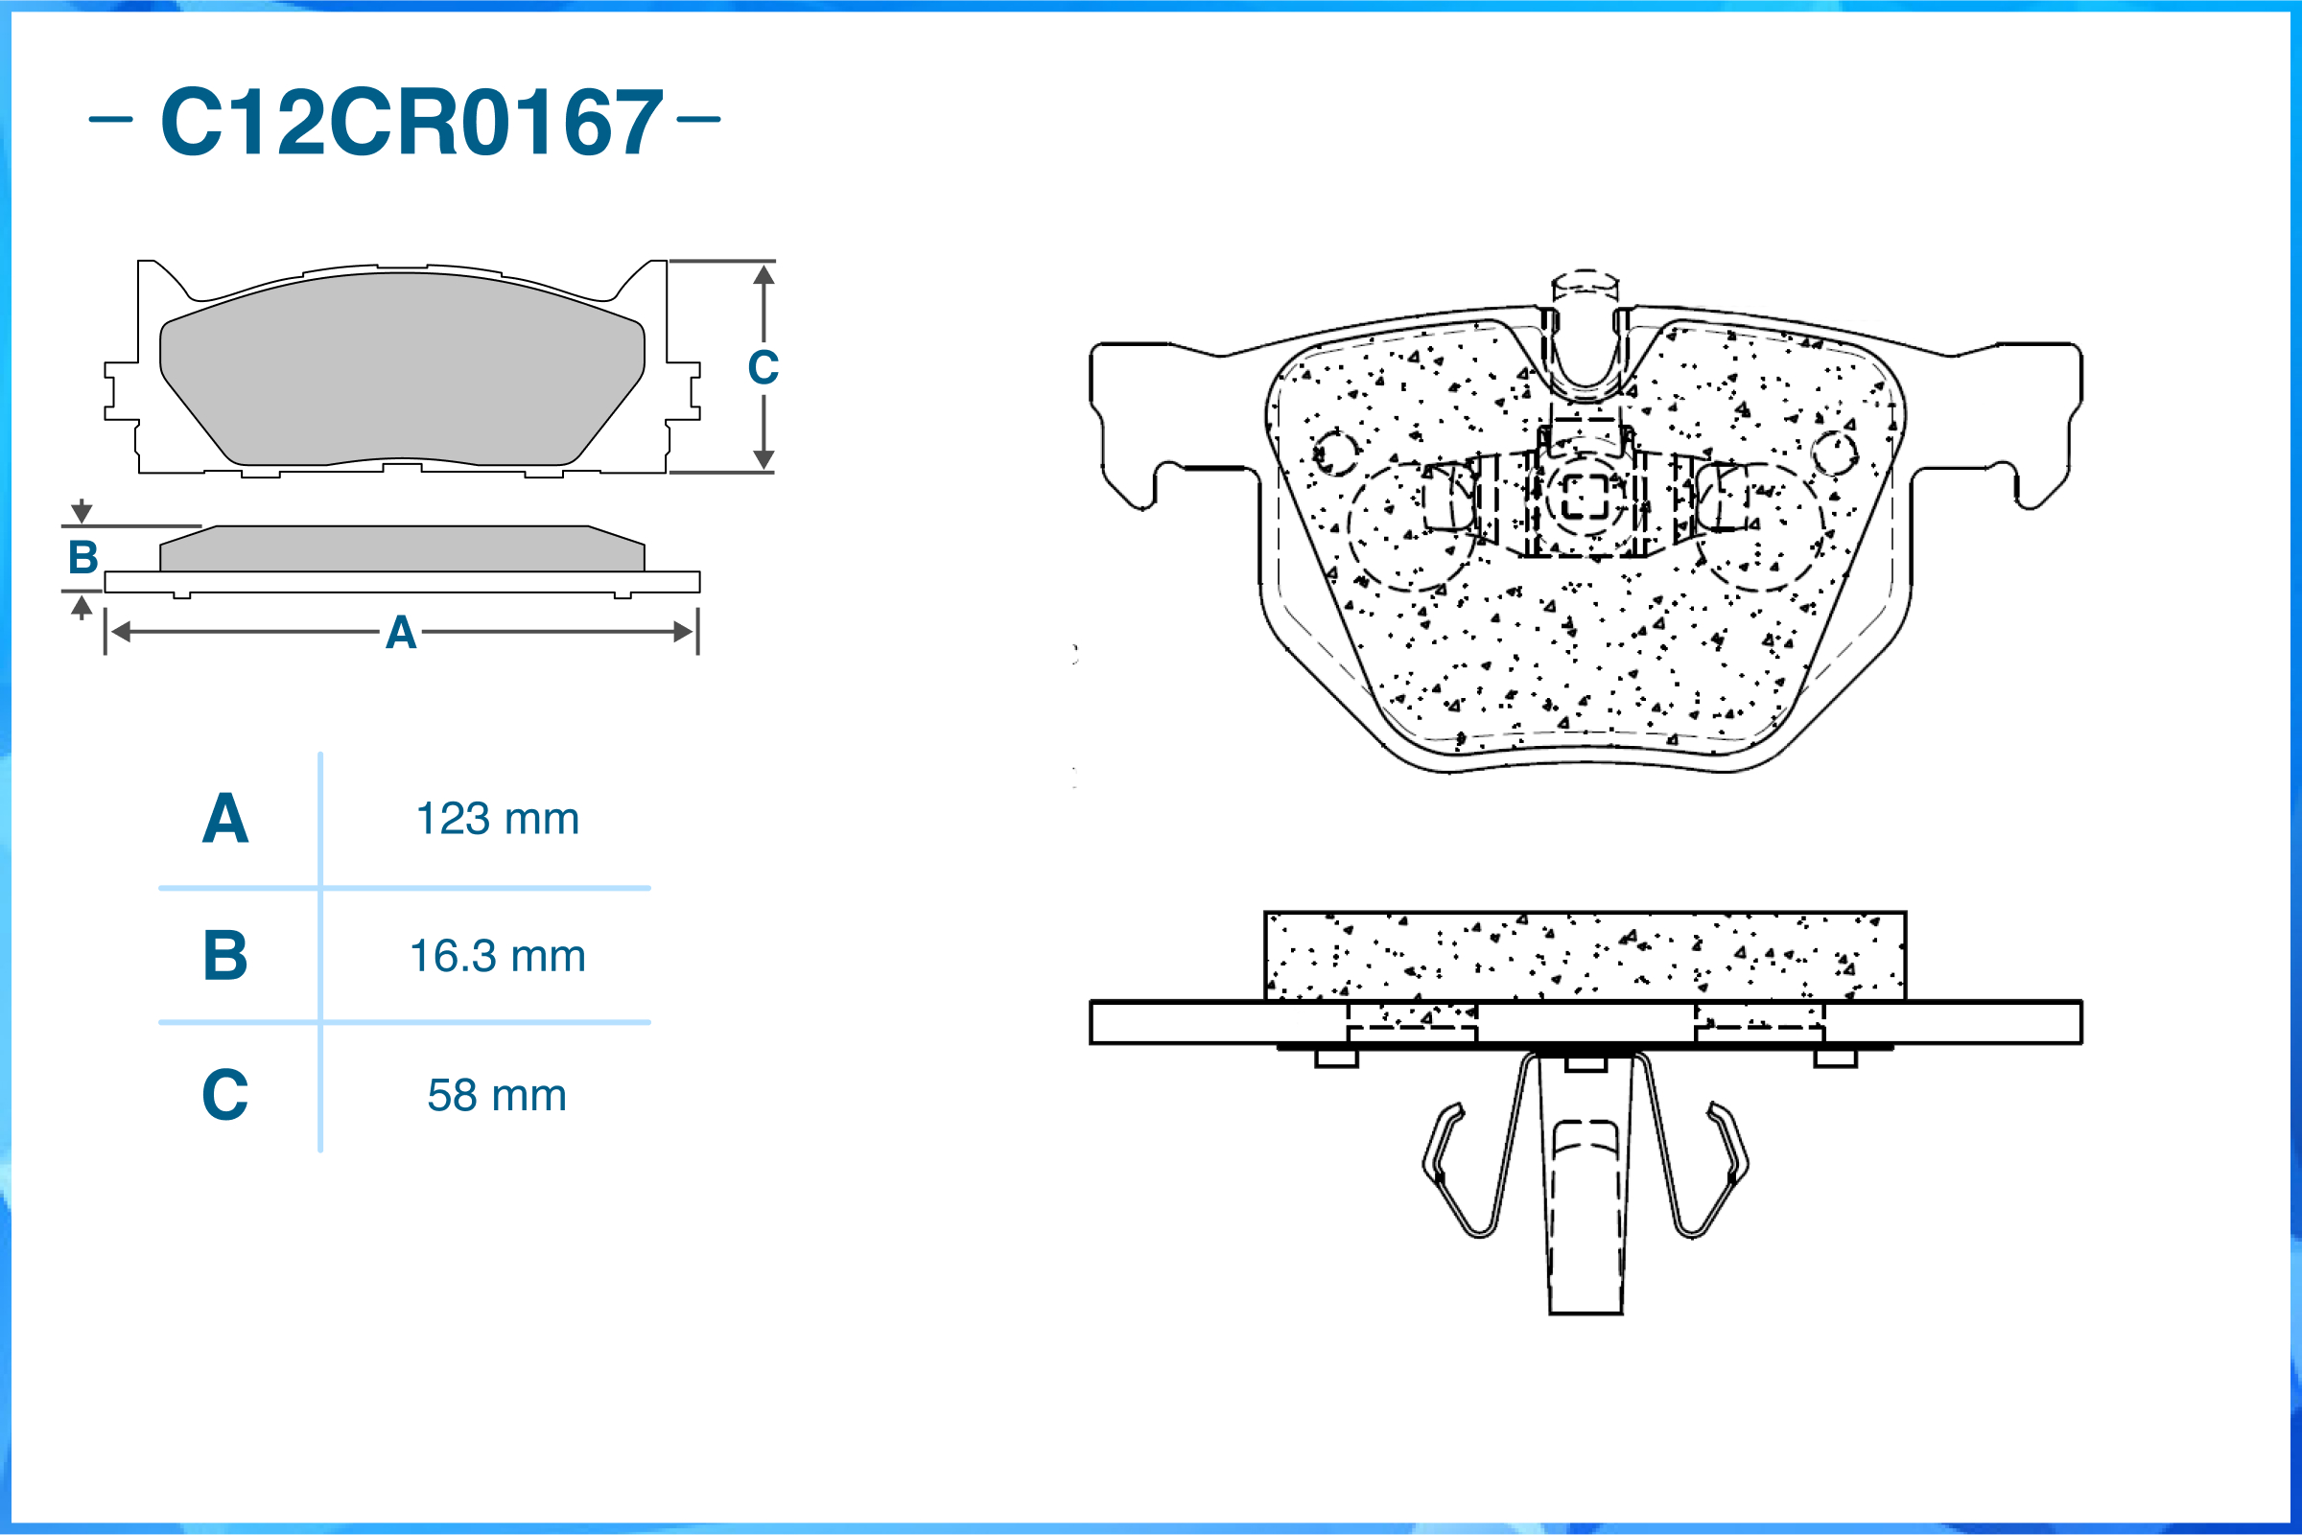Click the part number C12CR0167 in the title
point(411,122)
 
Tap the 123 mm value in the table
point(498,819)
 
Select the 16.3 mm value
point(498,956)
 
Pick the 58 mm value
point(498,1095)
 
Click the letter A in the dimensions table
point(225,819)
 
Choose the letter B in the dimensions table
point(225,956)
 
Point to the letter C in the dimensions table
point(225,1095)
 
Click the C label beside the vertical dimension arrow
point(763,368)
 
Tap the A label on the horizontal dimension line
point(401,633)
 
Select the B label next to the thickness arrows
point(83,558)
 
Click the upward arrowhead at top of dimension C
point(763,274)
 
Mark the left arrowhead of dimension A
point(121,632)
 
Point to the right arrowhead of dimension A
point(684,632)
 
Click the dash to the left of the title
point(110,120)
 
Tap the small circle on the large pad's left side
point(1334,453)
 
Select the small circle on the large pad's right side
point(1834,453)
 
